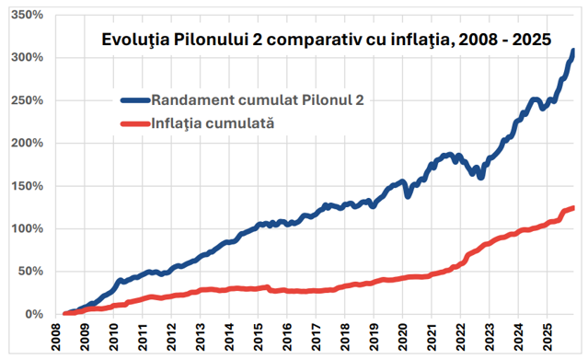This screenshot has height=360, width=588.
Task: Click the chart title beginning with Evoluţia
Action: coord(327,40)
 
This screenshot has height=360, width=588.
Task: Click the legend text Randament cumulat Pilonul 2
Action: coord(258,100)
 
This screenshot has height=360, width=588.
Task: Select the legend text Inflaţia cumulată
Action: coord(213,123)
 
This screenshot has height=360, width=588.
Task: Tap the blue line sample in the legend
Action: coord(135,100)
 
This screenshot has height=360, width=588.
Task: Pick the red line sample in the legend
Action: coord(135,123)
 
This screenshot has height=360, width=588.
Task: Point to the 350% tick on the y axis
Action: coord(27,15)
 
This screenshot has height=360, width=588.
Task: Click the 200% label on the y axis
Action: coord(27,143)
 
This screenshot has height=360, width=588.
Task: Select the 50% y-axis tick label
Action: coord(30,271)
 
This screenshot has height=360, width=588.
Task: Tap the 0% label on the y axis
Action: coord(34,314)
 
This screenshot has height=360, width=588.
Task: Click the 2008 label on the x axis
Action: coord(56,337)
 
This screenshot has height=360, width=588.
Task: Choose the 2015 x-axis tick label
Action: coord(259,337)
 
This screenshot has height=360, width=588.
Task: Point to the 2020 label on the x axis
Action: coord(403,337)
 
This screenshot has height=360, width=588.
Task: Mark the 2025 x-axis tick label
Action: coord(548,337)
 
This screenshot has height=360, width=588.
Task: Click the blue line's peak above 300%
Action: coord(573,51)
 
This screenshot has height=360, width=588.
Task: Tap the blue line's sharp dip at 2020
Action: coord(408,196)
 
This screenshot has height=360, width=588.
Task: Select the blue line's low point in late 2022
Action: coord(480,177)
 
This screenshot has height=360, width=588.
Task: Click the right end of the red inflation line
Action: coord(573,208)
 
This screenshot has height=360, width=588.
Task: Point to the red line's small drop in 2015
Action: coord(271,289)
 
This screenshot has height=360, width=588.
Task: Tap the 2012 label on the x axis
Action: coord(172,337)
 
